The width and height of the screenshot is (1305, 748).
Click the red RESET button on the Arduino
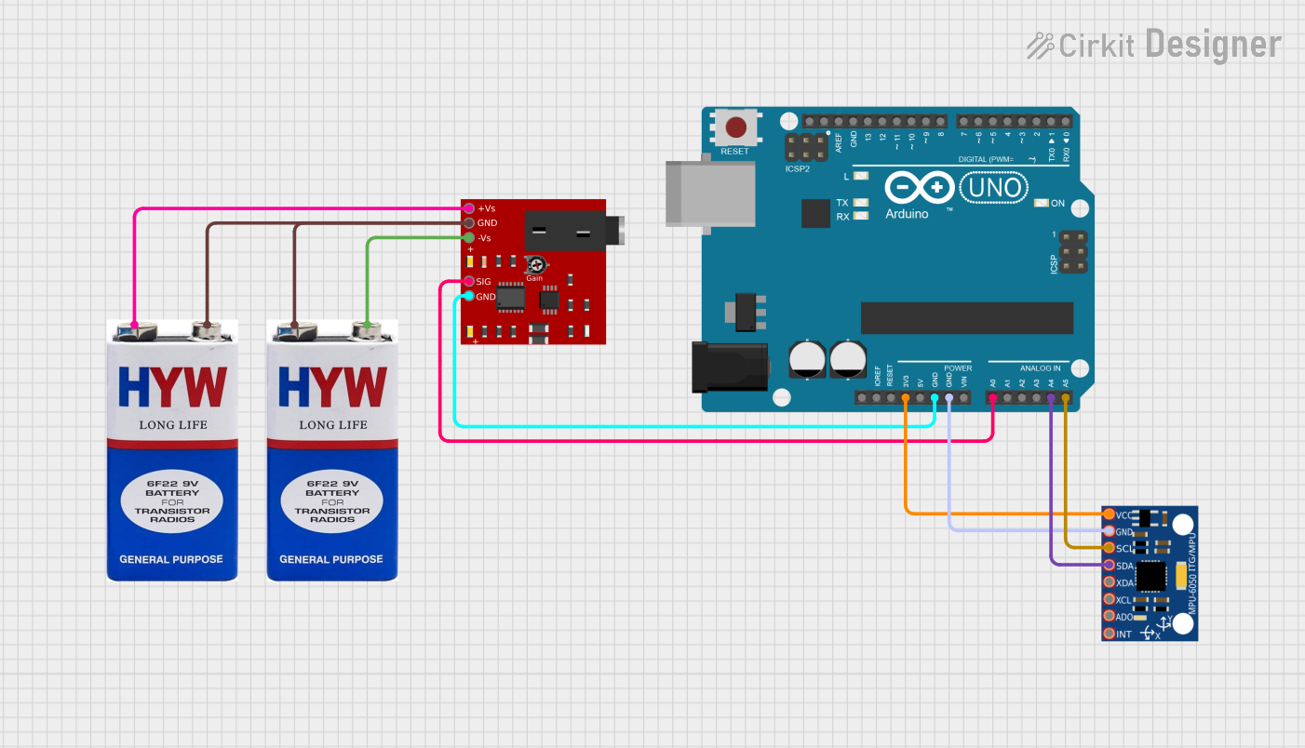[736, 127]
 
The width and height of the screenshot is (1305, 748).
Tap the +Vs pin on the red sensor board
[469, 208]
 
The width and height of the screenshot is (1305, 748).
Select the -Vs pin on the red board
[469, 238]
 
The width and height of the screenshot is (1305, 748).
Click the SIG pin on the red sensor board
[469, 281]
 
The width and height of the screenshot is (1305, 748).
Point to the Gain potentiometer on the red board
[534, 265]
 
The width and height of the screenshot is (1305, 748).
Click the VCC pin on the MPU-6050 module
[1109, 514]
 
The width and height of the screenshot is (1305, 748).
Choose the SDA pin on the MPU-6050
[1109, 565]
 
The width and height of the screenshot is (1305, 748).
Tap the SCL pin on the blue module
[1109, 548]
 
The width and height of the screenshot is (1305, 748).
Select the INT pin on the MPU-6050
[1109, 634]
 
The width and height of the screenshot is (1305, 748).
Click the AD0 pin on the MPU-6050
[1109, 616]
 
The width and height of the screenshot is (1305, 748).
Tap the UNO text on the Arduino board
[993, 189]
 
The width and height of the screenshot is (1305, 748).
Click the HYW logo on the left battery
[171, 386]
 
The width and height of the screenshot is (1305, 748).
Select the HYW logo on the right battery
[331, 386]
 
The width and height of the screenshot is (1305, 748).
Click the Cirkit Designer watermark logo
[1153, 45]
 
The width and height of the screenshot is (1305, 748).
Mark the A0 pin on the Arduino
[993, 398]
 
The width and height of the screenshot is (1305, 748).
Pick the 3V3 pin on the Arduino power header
[906, 398]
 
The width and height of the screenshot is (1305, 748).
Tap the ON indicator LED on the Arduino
[1042, 203]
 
